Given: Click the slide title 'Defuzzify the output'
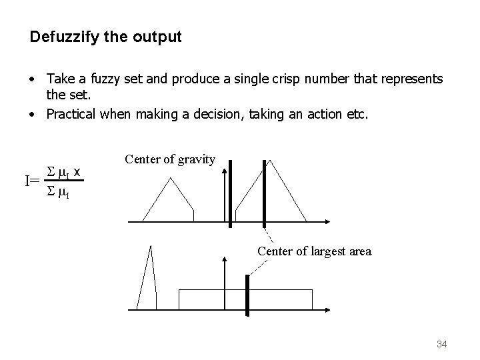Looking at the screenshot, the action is (105, 37).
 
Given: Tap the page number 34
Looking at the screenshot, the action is (441, 344).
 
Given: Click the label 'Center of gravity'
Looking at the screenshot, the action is (170, 159).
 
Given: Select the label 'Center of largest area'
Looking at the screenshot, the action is (314, 251).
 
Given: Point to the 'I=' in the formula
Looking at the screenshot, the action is (32, 181).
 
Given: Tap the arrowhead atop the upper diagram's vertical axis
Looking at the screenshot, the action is (225, 163).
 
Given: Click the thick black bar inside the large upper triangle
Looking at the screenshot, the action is (265, 193).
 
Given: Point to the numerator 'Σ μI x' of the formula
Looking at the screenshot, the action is (61, 173).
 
